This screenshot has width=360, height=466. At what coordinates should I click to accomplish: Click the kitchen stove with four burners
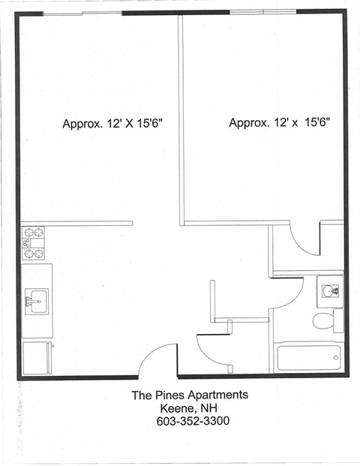33,243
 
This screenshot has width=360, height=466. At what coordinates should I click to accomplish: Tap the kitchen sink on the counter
34,301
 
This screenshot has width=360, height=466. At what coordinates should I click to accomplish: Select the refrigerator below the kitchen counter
37,358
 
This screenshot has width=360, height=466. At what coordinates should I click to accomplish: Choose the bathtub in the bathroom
308,356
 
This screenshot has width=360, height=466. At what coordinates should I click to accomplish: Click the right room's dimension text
279,122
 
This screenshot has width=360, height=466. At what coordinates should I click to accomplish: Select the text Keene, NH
190,408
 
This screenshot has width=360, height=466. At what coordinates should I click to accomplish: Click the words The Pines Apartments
190,395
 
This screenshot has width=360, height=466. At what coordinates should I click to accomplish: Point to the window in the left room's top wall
82,14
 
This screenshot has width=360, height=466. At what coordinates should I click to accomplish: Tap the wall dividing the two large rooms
181,120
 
